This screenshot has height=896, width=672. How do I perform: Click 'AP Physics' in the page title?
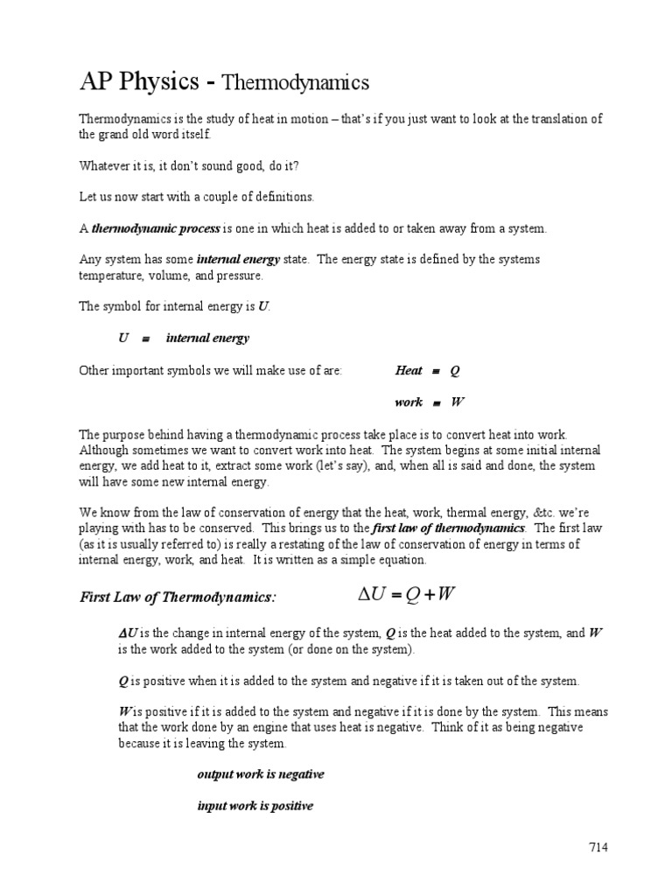(x=140, y=82)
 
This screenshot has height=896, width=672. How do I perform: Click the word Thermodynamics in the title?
(x=295, y=83)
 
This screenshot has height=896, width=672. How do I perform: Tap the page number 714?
(x=598, y=847)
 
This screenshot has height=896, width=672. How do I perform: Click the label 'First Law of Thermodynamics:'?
(x=178, y=597)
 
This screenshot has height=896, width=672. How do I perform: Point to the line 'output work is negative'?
(x=261, y=774)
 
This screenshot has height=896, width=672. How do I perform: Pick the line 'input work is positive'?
(x=255, y=806)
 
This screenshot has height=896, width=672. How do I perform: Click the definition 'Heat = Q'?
(x=427, y=370)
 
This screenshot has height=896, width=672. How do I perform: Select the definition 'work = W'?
(x=429, y=402)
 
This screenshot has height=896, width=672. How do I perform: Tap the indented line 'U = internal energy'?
(x=184, y=338)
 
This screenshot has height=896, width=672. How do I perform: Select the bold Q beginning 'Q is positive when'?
(x=122, y=680)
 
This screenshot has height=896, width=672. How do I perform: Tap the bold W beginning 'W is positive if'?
(x=124, y=711)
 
